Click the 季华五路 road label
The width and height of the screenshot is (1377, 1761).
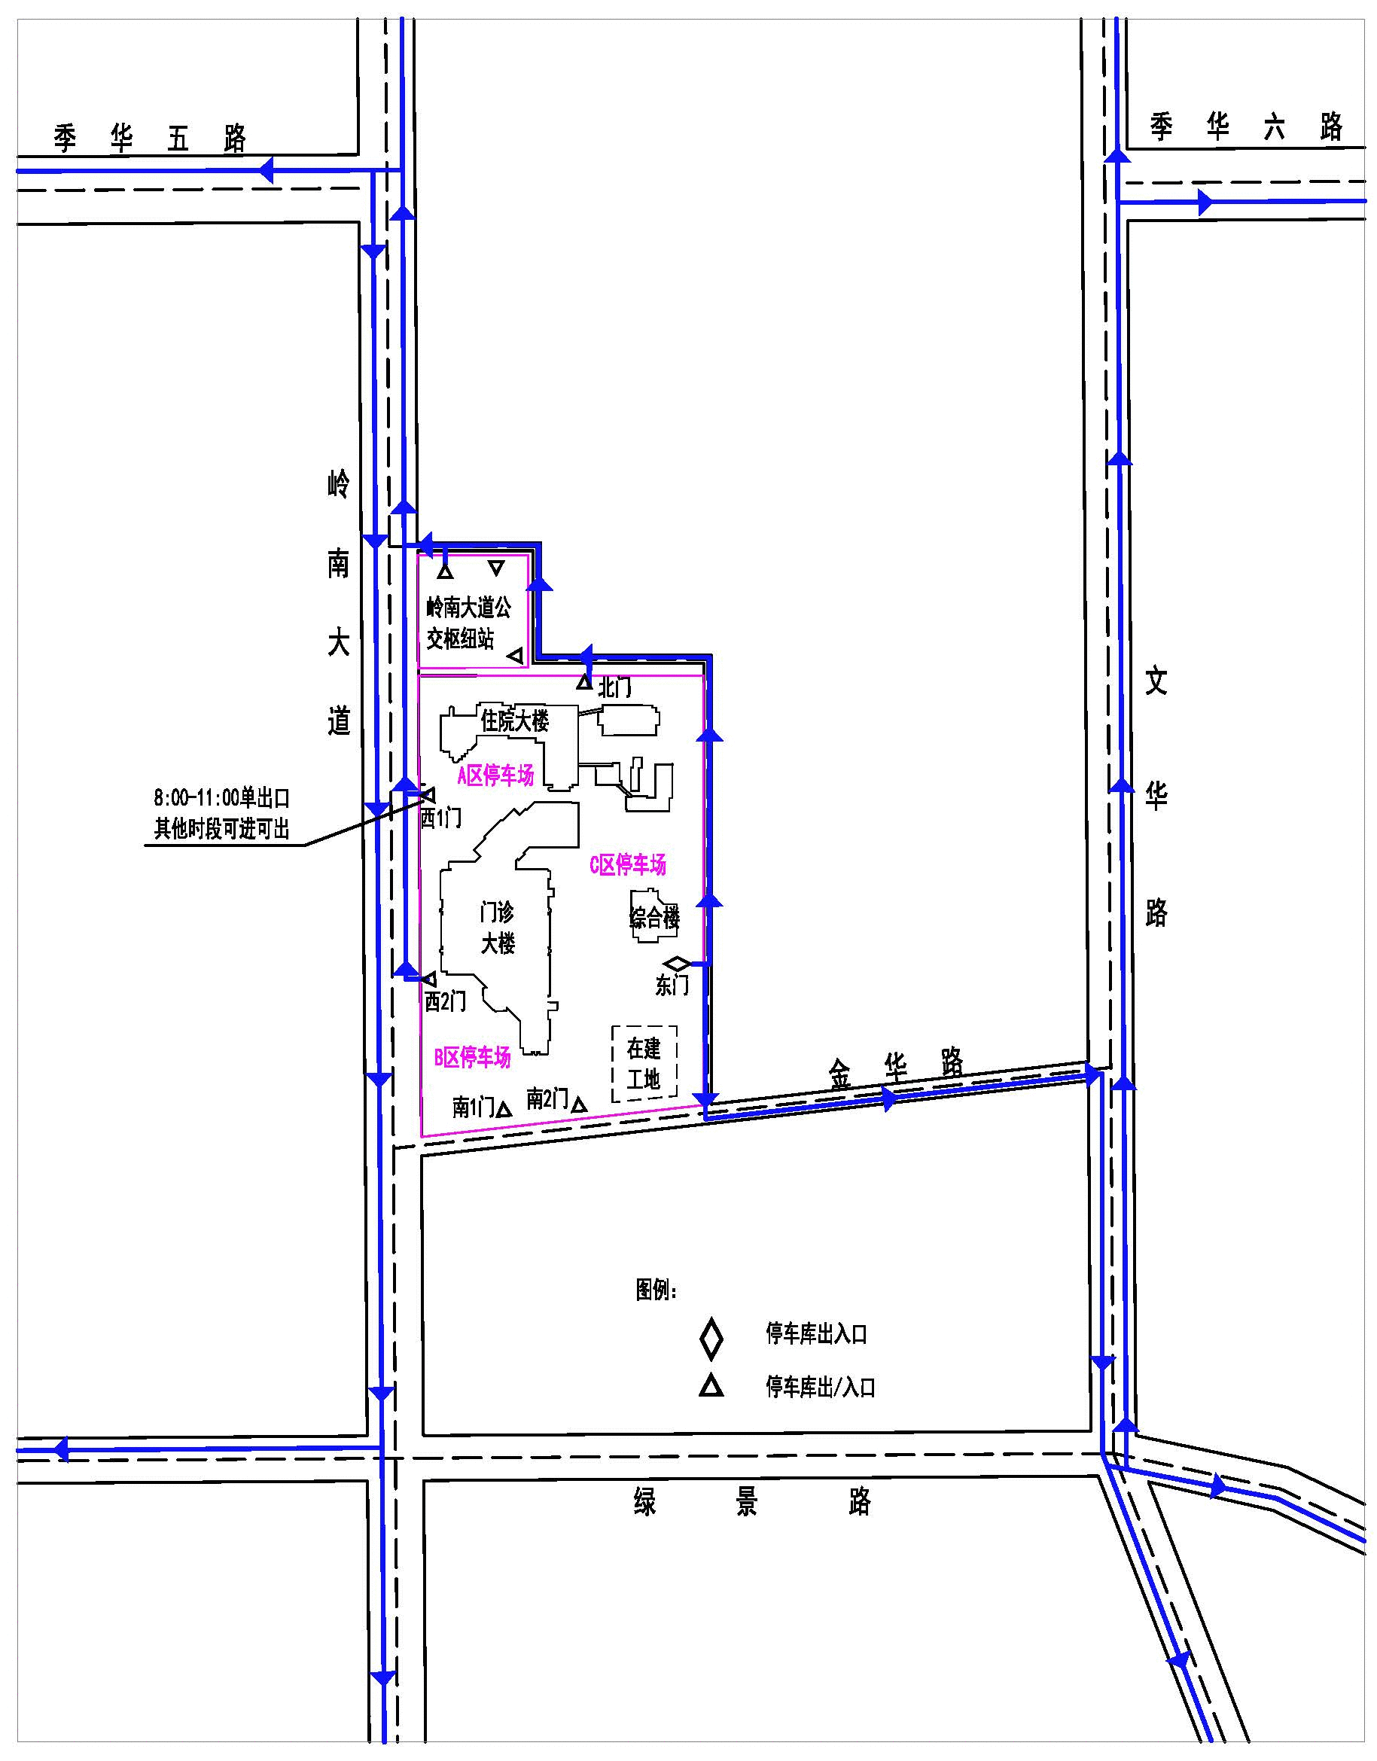[150, 139]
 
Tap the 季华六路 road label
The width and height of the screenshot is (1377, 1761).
[1247, 126]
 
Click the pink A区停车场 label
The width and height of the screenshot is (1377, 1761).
[496, 775]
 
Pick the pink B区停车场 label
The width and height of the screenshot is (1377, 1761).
[473, 1057]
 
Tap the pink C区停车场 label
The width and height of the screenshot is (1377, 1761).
[628, 865]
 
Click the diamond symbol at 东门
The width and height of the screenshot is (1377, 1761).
[676, 964]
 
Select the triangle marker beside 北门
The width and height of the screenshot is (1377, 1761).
[584, 683]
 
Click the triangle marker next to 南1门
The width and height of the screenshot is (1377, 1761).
[504, 1110]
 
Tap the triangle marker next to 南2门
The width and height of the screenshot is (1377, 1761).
[578, 1104]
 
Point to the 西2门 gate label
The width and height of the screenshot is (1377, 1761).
[445, 1001]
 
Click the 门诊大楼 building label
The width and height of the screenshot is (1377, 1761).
[498, 928]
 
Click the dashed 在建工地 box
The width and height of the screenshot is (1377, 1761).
[644, 1064]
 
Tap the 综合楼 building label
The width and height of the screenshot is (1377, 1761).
[655, 918]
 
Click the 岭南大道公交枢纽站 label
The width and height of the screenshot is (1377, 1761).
[468, 623]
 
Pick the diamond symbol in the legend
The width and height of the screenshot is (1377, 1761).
[711, 1339]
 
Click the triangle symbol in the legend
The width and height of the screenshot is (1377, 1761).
[711, 1386]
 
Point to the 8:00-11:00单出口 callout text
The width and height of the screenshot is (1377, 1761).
[221, 798]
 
